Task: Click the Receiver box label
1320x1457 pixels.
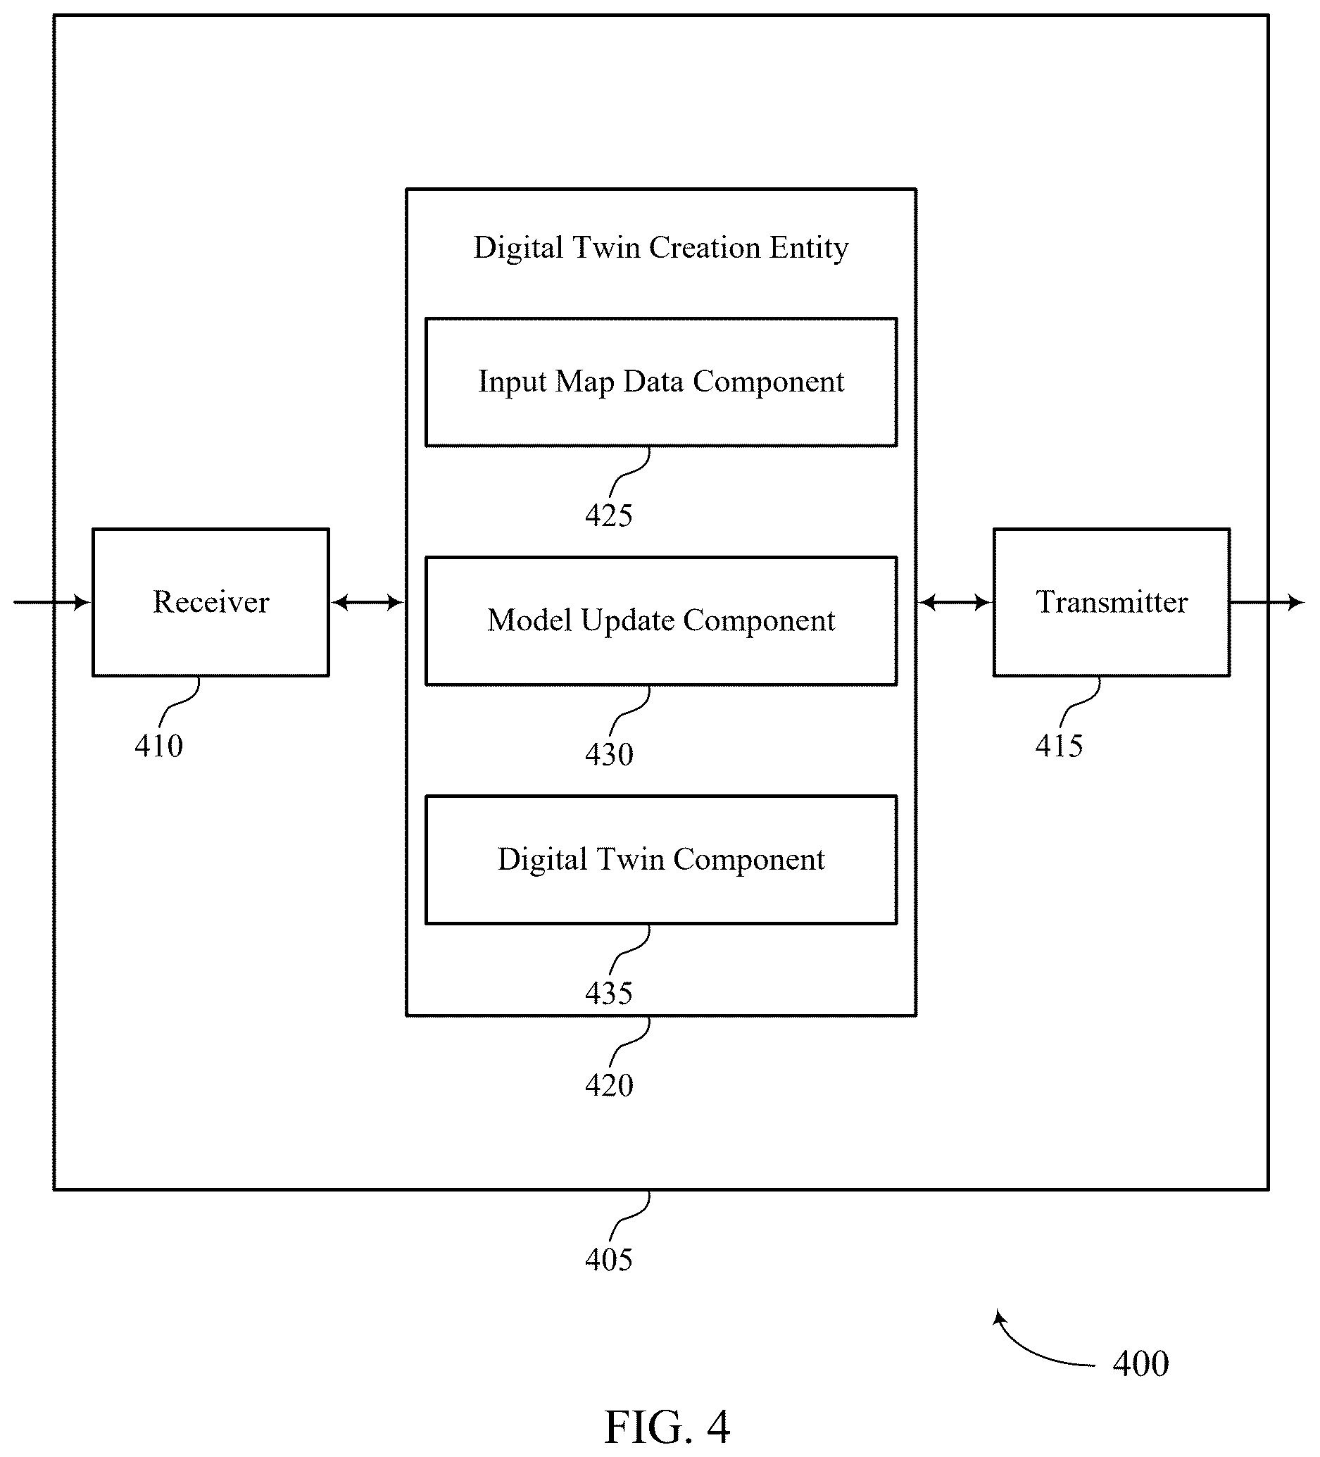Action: coord(211,601)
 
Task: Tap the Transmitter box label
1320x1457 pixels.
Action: coord(1111,601)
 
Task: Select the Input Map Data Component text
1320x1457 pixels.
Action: coord(661,382)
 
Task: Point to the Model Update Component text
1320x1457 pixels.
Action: coord(661,620)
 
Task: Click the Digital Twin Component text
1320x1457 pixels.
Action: coord(661,859)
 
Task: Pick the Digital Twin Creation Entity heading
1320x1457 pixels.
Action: coord(661,248)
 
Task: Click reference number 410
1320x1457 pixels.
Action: coord(159,745)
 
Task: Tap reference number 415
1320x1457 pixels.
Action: coord(1060,745)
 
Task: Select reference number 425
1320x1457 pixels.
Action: coord(609,515)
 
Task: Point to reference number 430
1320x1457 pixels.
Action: coord(609,753)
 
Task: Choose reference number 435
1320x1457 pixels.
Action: coord(609,993)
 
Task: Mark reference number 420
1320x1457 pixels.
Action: coord(609,1084)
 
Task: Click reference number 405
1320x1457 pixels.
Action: coord(609,1260)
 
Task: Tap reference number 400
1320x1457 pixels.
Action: coord(1140,1364)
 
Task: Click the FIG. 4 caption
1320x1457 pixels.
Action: coord(667,1427)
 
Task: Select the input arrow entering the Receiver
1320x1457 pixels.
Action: coord(52,602)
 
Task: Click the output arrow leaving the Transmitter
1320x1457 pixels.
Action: coord(1267,602)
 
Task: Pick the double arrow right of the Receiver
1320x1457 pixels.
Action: coord(367,602)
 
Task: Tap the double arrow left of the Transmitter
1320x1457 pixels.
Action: coord(955,602)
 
